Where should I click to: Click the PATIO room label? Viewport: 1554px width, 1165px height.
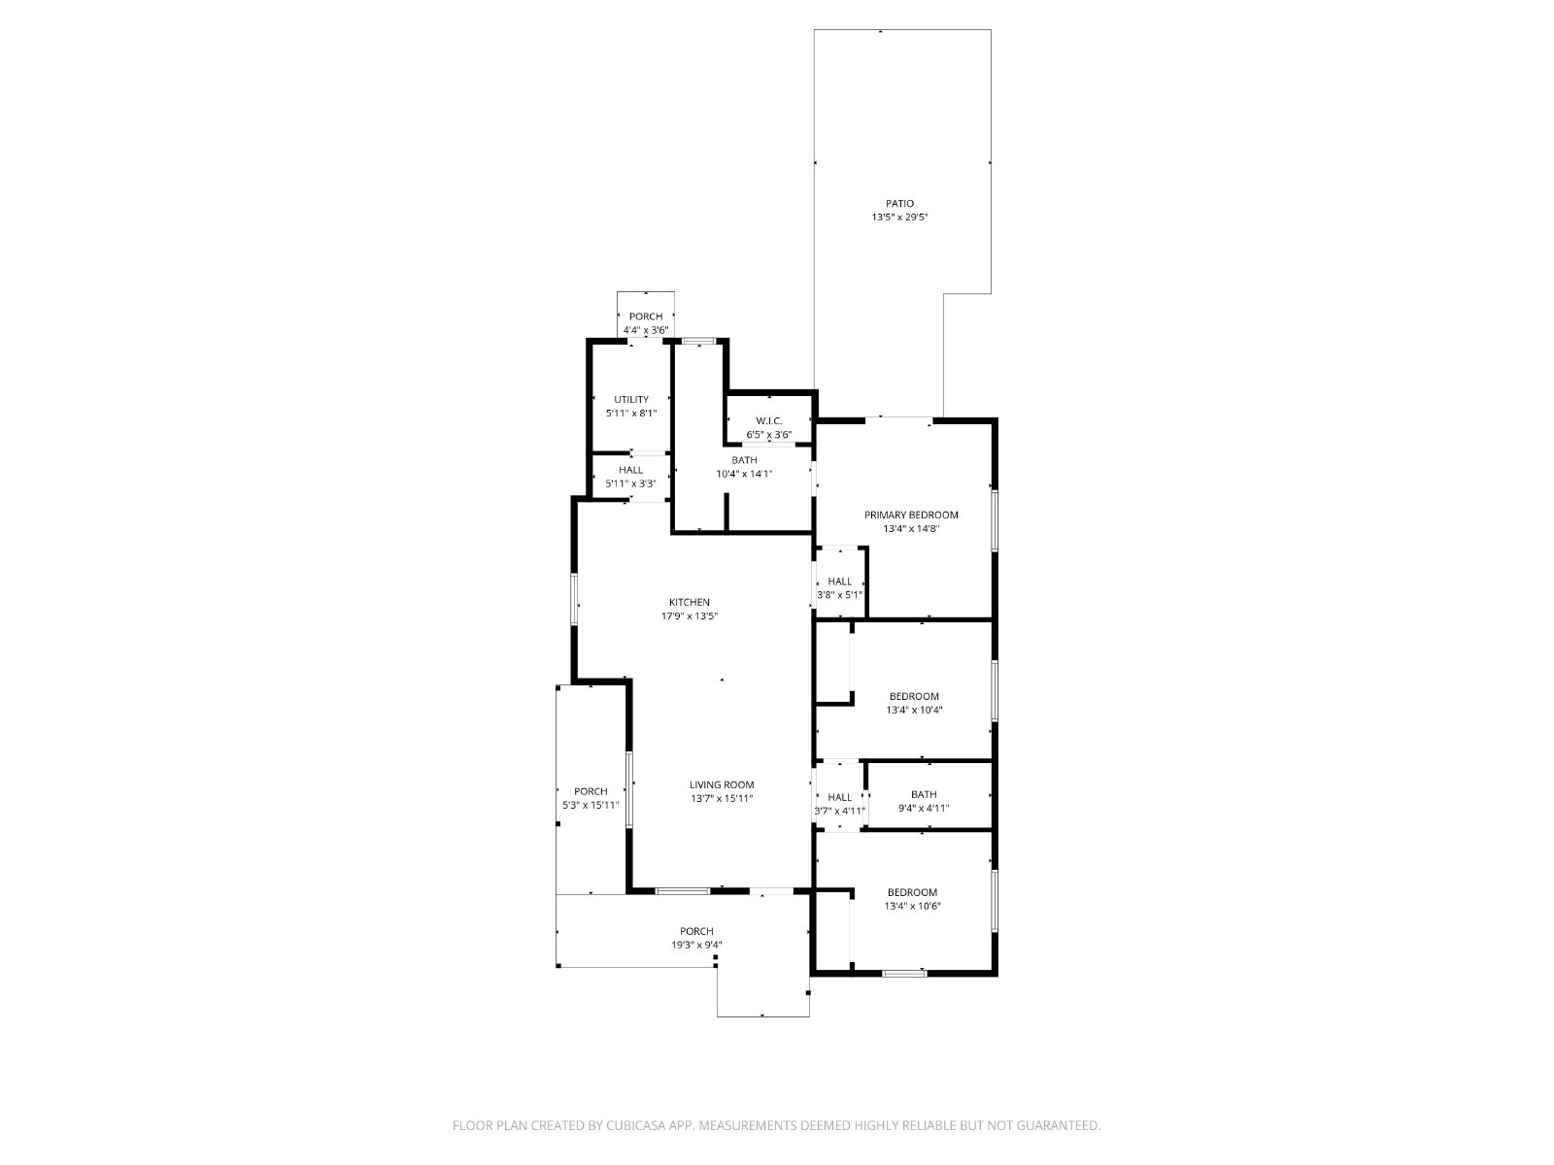(899, 204)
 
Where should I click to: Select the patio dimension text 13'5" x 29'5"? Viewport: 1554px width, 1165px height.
(899, 217)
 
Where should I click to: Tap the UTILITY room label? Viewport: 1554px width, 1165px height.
(630, 400)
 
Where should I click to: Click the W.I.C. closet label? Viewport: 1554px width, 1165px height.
(769, 421)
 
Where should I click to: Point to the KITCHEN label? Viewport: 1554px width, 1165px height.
(689, 602)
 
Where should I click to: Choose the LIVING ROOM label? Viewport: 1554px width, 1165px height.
(722, 784)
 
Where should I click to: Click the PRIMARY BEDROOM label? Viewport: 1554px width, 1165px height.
(910, 515)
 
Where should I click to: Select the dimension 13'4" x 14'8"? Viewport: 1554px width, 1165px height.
(910, 528)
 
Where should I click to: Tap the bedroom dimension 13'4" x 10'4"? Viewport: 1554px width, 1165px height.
(914, 711)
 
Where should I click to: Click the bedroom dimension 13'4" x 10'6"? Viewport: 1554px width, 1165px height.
(912, 906)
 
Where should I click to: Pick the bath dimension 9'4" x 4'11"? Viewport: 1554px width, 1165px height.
(924, 808)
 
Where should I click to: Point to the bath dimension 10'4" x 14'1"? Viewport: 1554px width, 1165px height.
(743, 474)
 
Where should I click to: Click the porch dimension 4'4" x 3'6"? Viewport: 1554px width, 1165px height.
(645, 330)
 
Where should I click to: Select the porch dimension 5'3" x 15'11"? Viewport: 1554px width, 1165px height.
(591, 805)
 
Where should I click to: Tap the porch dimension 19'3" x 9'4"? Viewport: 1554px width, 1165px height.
(696, 945)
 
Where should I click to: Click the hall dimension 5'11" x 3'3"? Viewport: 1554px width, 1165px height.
(630, 483)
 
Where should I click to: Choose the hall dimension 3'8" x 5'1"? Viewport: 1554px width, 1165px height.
(840, 595)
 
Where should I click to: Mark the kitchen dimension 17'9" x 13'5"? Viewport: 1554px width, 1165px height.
(689, 616)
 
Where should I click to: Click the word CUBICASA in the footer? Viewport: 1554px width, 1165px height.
(636, 1125)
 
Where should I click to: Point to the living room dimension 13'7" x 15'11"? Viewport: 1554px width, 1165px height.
(722, 799)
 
